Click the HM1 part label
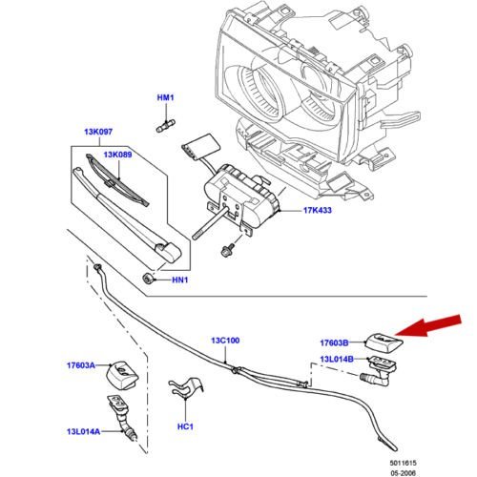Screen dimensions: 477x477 (165, 97)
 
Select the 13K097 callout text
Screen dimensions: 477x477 (98, 132)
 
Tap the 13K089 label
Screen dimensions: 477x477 (117, 155)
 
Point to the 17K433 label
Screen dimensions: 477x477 (318, 210)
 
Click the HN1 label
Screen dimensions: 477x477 (180, 280)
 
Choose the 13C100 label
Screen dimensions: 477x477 (225, 341)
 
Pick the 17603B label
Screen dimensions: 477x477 (334, 342)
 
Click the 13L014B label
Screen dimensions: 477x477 (337, 359)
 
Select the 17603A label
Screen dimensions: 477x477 (81, 365)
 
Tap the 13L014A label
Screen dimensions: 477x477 (83, 431)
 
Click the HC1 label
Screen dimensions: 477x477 (185, 426)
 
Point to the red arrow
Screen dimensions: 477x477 (427, 325)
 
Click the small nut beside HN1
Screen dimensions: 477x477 (148, 279)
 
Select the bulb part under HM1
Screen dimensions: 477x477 (166, 125)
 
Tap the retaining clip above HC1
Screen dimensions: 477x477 (185, 388)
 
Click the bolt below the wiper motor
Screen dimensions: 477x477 (227, 249)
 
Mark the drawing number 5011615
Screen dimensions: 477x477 (403, 463)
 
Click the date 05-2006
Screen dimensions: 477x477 (403, 473)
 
